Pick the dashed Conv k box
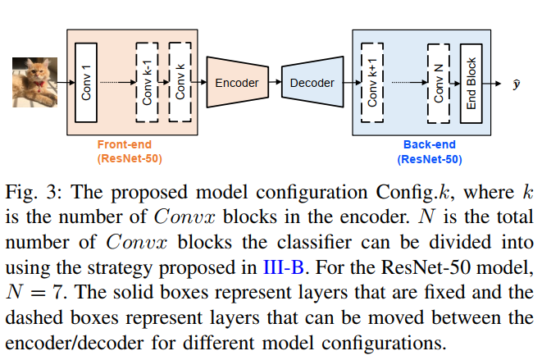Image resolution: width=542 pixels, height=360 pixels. (180, 82)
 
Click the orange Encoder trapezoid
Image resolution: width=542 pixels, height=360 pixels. (236, 83)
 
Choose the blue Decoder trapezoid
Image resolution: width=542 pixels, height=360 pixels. (312, 83)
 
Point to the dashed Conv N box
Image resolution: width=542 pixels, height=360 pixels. (440, 82)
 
